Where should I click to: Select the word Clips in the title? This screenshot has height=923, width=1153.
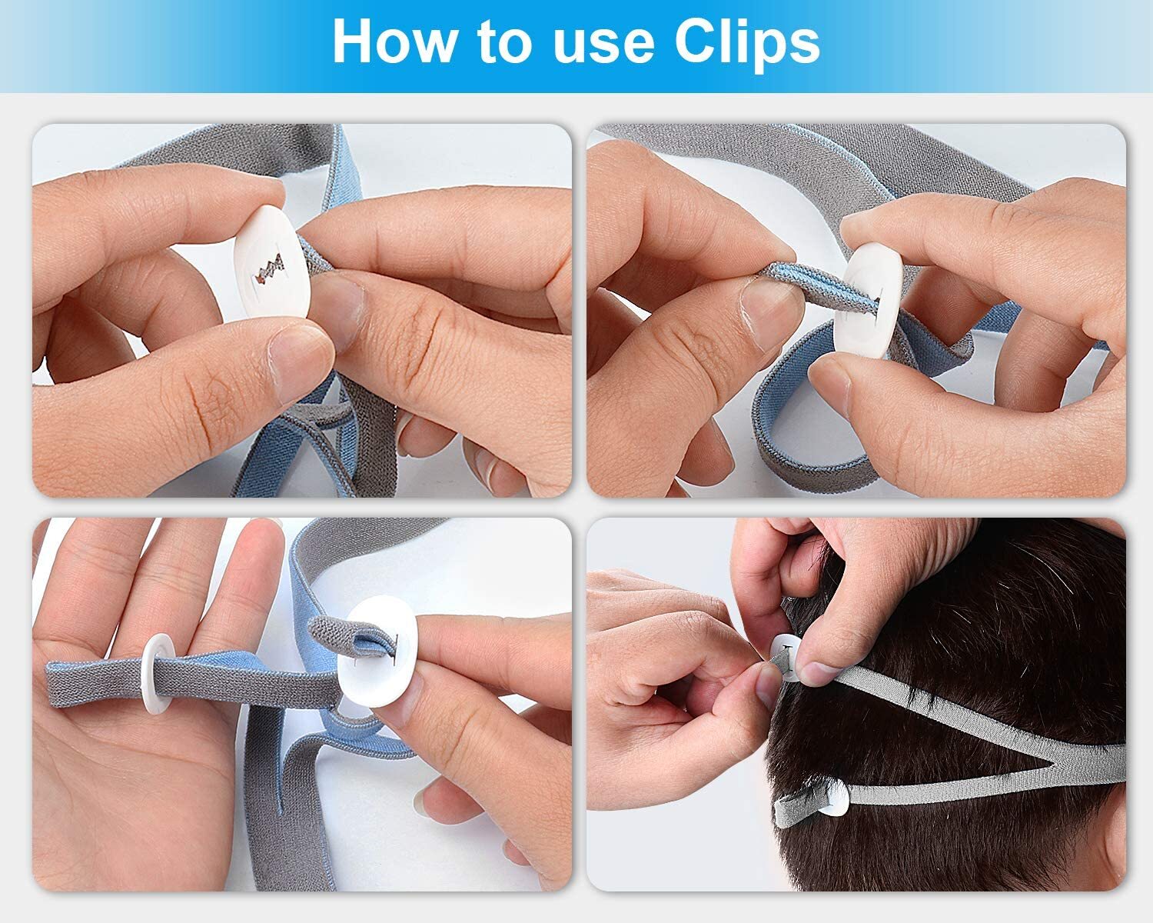tap(747, 42)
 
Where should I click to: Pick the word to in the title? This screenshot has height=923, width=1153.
tap(503, 42)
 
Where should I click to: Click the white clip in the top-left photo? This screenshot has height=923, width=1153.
tap(271, 262)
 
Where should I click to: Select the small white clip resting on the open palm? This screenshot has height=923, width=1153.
tap(159, 672)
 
